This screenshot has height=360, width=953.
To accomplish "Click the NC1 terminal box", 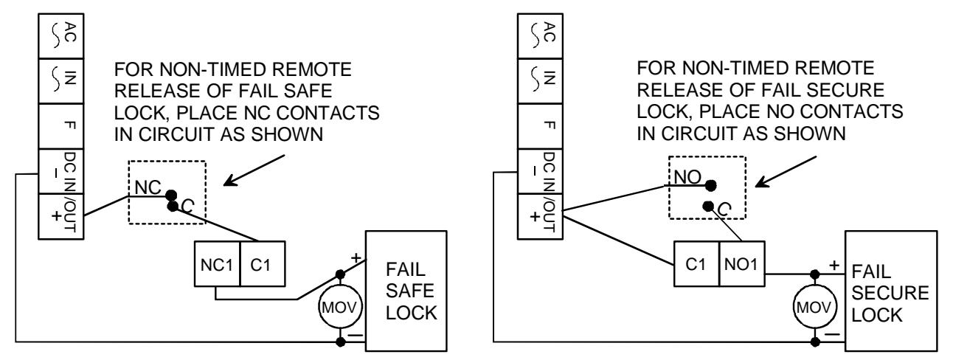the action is (218, 264).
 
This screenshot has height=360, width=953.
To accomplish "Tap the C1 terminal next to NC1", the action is (263, 264).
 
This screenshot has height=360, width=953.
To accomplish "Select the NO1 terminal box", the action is (742, 264).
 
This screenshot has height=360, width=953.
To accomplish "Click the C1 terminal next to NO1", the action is (696, 264).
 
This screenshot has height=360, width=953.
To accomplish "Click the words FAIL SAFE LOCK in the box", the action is (411, 291).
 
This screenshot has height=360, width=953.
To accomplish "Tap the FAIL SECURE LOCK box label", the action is (890, 293).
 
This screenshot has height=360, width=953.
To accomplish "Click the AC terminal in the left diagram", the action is (60, 35).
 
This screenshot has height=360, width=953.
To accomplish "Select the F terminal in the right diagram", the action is (541, 126).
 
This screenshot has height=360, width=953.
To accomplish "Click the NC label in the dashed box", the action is (148, 187).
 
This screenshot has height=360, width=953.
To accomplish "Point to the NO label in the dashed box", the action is (687, 177).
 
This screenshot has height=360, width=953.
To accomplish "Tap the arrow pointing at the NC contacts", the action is (254, 170).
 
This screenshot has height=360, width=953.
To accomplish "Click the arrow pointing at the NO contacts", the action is (786, 171).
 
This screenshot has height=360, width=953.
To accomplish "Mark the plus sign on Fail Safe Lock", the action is (356, 258).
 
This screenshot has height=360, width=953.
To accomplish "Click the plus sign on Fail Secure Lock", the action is (834, 265).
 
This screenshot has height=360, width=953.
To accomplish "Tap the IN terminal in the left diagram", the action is (60, 81).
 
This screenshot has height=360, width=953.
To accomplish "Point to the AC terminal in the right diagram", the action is (541, 35).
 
